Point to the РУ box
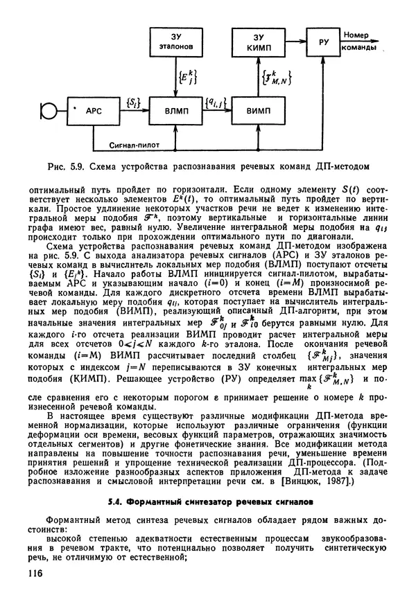click(323, 42)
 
